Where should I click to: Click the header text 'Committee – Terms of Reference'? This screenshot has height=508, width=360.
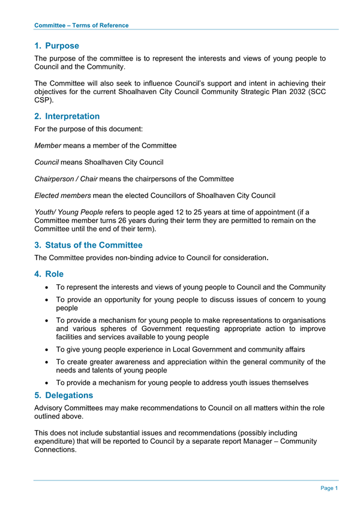tap(81, 25)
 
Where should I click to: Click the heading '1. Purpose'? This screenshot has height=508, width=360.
tap(56, 46)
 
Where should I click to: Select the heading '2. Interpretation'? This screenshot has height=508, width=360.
tap(67, 116)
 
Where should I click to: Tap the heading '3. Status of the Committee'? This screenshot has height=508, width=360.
tap(88, 245)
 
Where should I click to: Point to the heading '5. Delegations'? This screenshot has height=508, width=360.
tap(64, 395)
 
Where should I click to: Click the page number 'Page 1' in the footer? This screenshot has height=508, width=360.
tap(329, 488)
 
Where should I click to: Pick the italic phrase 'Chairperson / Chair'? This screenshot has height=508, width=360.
tap(66, 179)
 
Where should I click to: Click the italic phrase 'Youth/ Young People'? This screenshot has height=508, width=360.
tap(69, 212)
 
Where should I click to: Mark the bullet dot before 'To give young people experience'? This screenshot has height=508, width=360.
tap(46, 349)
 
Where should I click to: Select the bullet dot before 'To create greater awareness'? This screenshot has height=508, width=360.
tap(46, 362)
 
